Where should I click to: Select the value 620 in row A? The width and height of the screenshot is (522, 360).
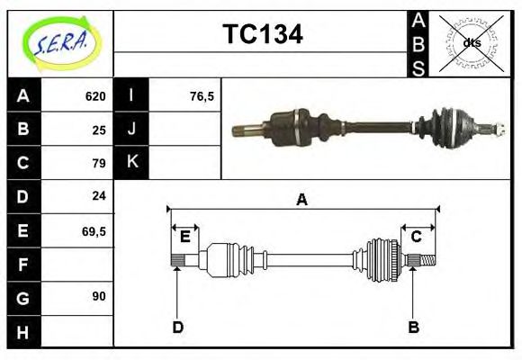95,96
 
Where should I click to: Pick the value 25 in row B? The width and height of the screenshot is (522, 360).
99,130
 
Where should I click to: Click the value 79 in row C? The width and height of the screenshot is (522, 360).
99,163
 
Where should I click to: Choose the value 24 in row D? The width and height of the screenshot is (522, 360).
99,195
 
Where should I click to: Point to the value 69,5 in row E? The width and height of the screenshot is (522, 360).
94,230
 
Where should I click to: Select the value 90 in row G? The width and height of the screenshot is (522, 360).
99,295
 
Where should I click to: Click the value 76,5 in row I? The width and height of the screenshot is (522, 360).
202,96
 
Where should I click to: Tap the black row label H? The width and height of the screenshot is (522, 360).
23,333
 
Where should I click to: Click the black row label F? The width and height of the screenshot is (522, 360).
23,265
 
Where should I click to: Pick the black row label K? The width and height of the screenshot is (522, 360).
132,162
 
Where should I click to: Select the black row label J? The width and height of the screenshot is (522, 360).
132,129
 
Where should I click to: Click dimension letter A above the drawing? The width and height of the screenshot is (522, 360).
302,200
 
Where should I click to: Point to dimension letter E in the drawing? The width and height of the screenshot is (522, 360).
184,237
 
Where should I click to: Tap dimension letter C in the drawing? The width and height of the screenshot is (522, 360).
417,237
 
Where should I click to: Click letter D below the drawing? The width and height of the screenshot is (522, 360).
177,327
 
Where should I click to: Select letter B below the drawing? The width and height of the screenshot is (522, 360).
414,327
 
